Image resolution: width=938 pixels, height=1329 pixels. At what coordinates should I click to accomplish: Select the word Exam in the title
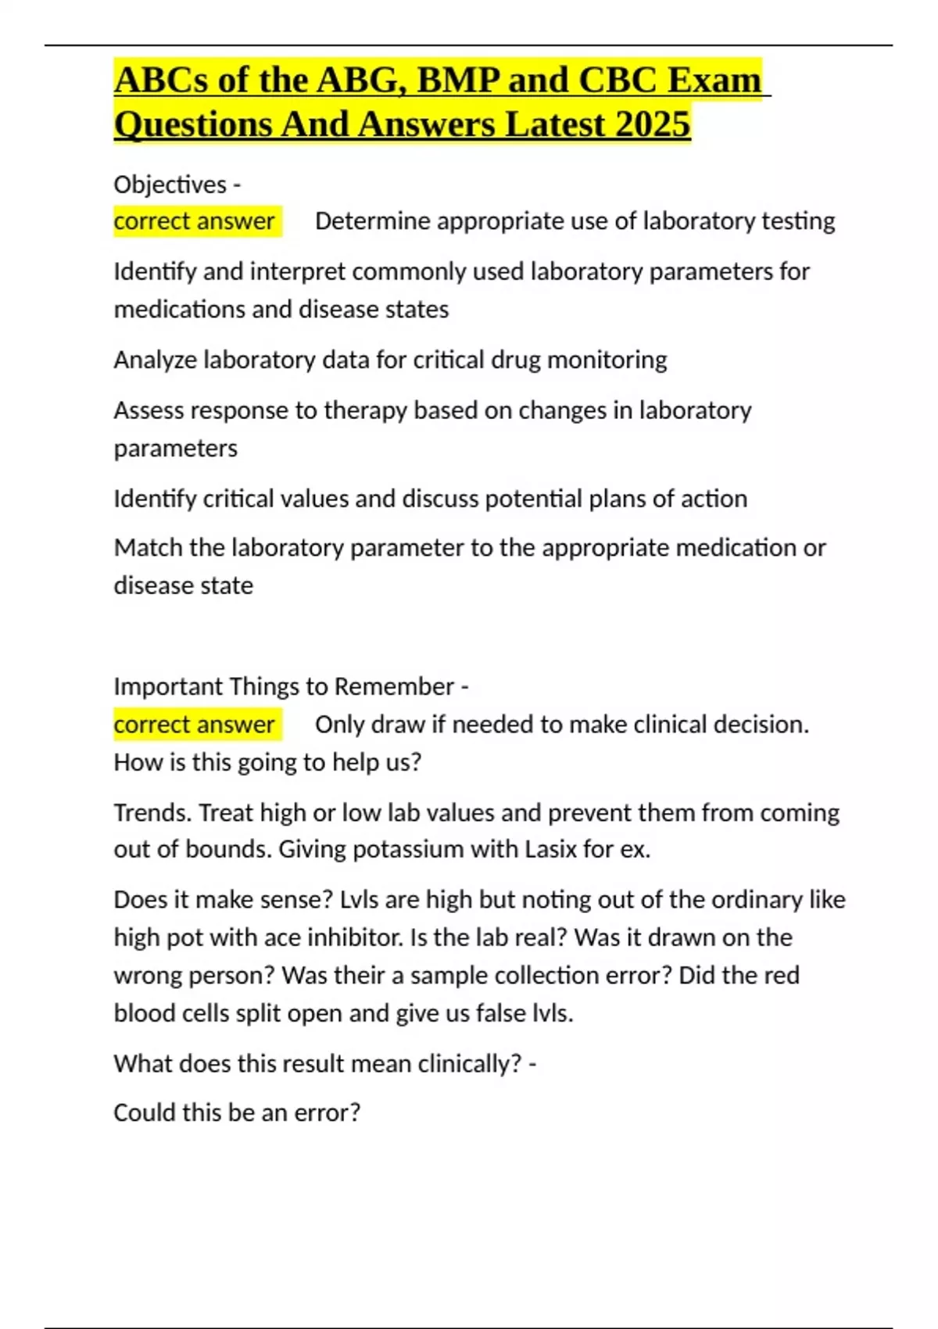(715, 81)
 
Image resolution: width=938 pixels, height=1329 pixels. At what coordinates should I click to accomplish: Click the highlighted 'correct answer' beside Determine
(195, 221)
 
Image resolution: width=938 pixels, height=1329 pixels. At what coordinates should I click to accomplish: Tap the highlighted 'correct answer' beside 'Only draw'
(195, 725)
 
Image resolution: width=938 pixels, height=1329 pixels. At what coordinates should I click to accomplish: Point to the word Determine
(373, 221)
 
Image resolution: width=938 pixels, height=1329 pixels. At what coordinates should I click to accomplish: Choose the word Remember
(394, 686)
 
